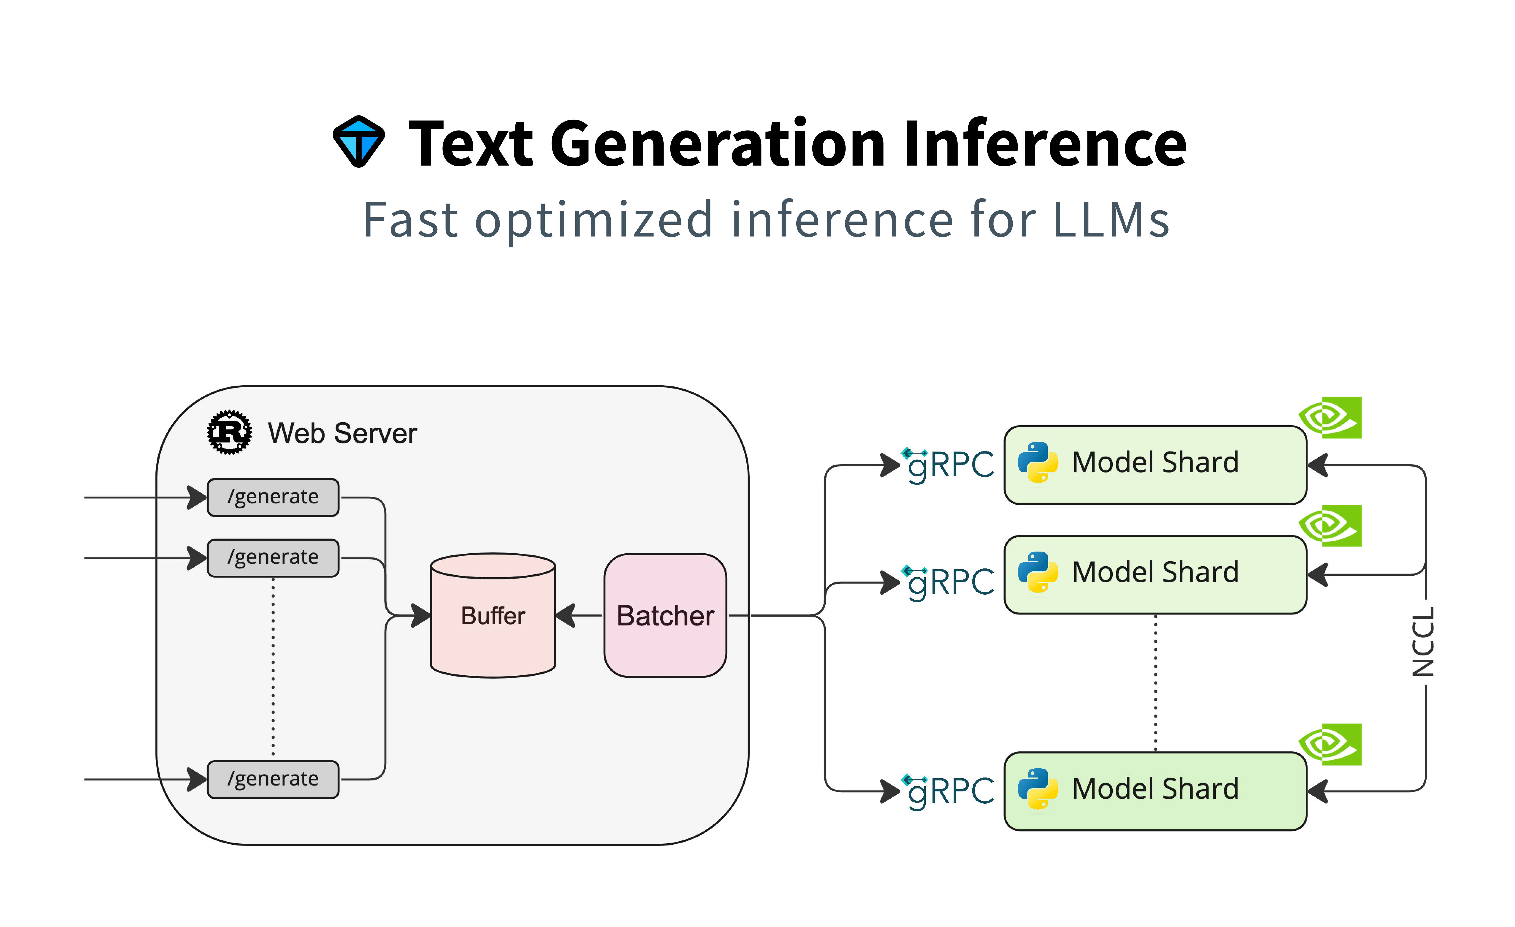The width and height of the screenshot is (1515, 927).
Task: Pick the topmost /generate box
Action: tap(273, 497)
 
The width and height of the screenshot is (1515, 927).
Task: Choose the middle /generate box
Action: tap(273, 558)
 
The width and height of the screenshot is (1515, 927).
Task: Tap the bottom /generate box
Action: tap(273, 779)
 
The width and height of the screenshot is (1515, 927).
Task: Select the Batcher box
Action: tap(665, 616)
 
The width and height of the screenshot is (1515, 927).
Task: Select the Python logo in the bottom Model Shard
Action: tap(1038, 789)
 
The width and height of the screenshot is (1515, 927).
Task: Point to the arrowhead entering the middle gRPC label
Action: tap(890, 582)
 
